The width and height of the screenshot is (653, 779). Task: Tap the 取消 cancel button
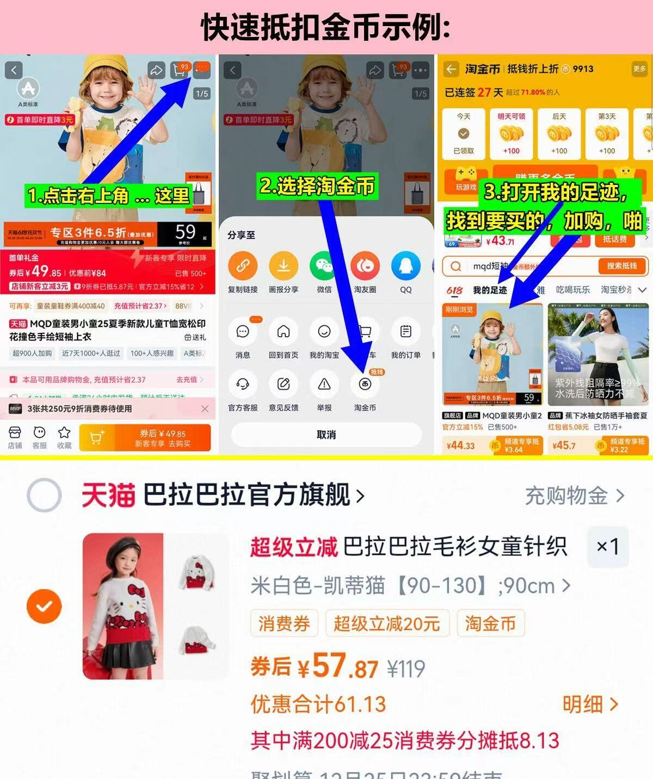pyautogui.click(x=326, y=435)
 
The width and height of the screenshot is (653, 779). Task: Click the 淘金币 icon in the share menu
pyautogui.click(x=365, y=385)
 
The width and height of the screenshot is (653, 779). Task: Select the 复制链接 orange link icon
pyautogui.click(x=243, y=266)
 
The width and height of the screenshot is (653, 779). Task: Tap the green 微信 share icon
pyautogui.click(x=324, y=266)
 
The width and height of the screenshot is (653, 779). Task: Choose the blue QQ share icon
pyautogui.click(x=405, y=266)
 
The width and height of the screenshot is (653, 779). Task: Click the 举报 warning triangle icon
pyautogui.click(x=324, y=385)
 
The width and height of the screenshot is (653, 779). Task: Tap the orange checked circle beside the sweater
pyautogui.click(x=44, y=606)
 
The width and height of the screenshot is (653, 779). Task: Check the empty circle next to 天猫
pyautogui.click(x=44, y=495)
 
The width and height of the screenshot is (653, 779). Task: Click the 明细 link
pyautogui.click(x=590, y=704)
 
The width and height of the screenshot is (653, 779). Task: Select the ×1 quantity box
pyautogui.click(x=608, y=547)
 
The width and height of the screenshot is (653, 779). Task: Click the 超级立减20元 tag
pyautogui.click(x=387, y=623)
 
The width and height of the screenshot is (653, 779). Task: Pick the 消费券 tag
pyautogui.click(x=284, y=623)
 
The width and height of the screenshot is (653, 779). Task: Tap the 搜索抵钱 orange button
pyautogui.click(x=621, y=266)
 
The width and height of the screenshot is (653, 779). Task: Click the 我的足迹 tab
pyautogui.click(x=490, y=290)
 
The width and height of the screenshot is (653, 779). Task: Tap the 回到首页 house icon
pyautogui.click(x=283, y=332)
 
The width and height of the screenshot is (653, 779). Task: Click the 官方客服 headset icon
pyautogui.click(x=243, y=385)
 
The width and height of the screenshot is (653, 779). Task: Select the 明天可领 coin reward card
pyautogui.click(x=511, y=133)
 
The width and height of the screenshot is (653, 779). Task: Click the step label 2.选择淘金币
pyautogui.click(x=317, y=186)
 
